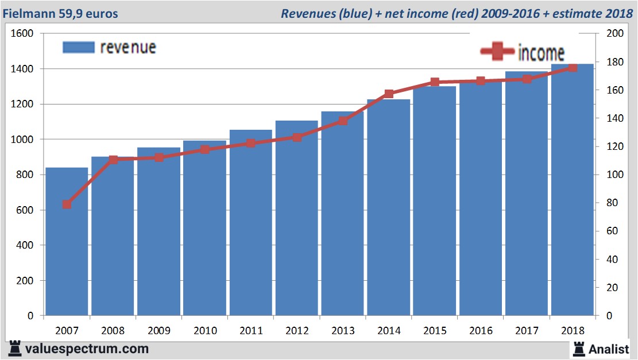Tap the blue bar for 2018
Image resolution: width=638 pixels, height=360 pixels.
pos(573,195)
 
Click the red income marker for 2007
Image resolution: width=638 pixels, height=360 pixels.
pos(67,204)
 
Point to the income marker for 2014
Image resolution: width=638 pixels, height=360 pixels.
pos(389,94)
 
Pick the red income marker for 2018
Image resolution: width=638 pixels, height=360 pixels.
pos(573,68)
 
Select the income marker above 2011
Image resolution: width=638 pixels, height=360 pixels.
pos(251,143)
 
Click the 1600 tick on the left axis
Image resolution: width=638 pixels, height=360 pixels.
pos(22,34)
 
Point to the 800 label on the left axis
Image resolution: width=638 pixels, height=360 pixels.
pos(25,175)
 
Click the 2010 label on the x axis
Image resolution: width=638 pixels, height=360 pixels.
pos(205,331)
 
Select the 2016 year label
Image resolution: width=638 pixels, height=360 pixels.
pos(481,331)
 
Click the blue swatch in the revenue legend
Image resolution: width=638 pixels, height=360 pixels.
pos(78,48)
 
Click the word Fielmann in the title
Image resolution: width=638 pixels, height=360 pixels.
pos(28,13)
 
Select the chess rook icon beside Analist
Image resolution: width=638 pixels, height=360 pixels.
pos(578,349)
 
